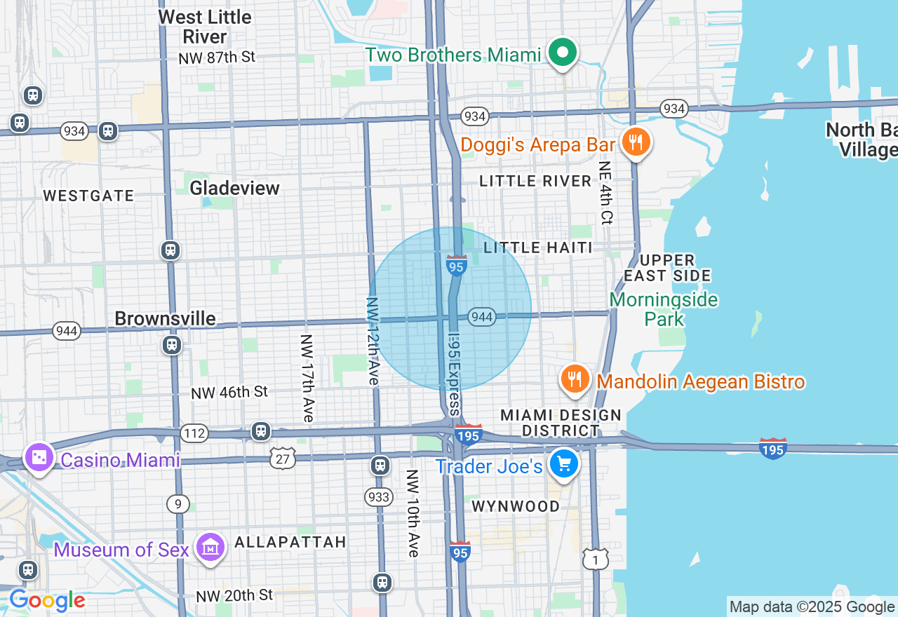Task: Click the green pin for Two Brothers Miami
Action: [562, 53]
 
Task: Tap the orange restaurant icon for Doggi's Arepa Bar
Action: [636, 144]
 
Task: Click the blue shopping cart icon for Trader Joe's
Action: [564, 463]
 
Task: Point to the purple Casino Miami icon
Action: [38, 458]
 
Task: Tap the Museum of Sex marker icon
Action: [210, 548]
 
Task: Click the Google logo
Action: [47, 601]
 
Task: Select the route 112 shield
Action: [194, 433]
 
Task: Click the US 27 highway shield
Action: [283, 459]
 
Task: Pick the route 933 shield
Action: [379, 497]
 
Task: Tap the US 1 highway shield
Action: [595, 559]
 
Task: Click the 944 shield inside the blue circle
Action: [483, 317]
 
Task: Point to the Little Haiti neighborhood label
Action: [538, 248]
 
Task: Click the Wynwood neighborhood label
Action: [516, 506]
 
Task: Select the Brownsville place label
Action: [165, 319]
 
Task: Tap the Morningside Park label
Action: [663, 309]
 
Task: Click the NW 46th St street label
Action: [229, 392]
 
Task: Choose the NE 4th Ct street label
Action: [605, 193]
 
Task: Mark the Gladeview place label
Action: [234, 188]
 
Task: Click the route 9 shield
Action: [178, 503]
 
